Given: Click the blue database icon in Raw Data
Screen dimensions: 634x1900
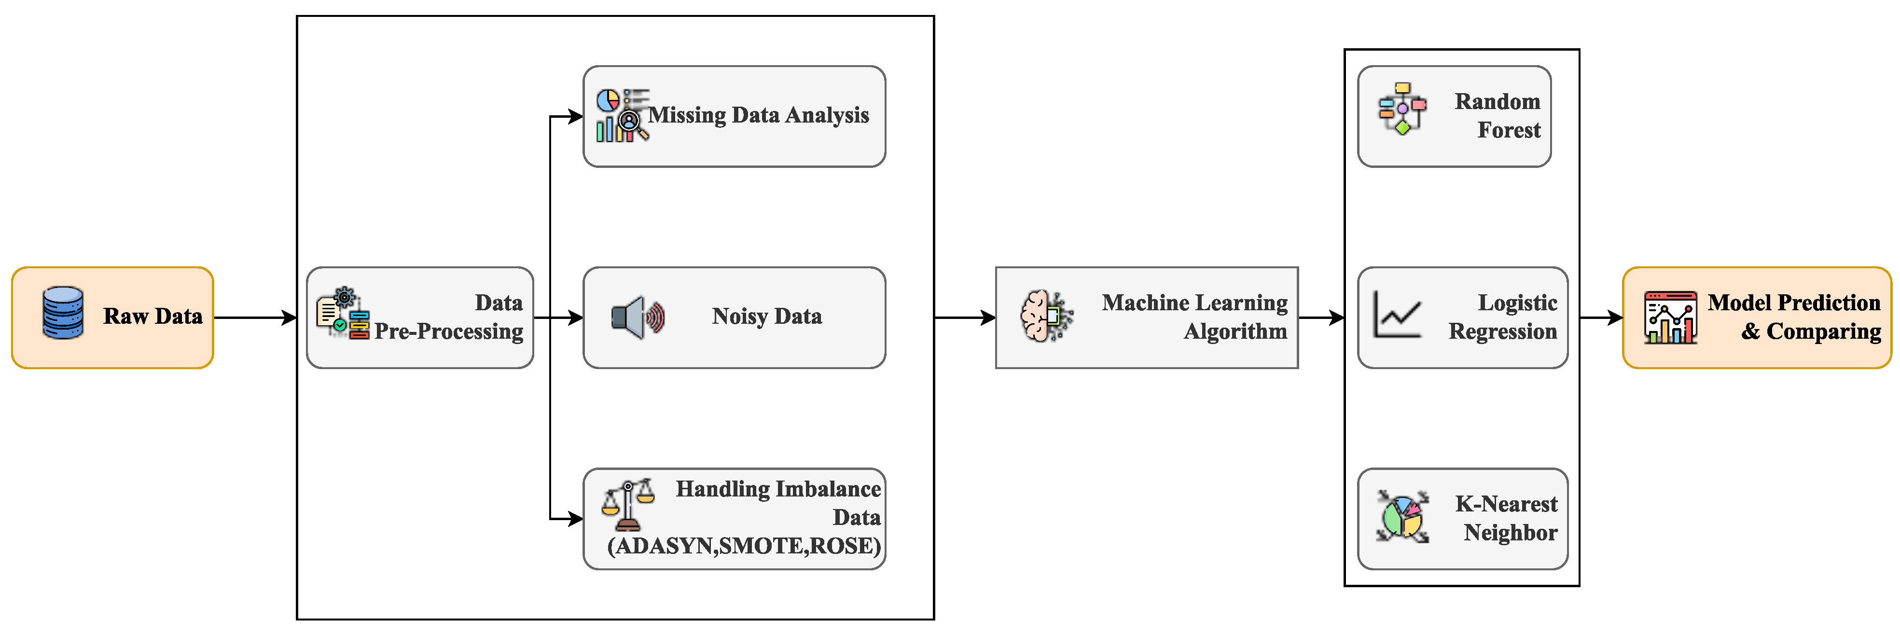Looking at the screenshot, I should pyautogui.click(x=63, y=313).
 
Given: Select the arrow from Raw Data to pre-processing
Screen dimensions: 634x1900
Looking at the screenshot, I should pyautogui.click(x=254, y=318).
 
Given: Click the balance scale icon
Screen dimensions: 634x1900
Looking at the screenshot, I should pyautogui.click(x=628, y=505).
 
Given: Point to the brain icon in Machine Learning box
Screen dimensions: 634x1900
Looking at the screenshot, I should pyautogui.click(x=1045, y=316).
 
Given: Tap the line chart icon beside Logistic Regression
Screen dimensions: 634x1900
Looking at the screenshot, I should pyautogui.click(x=1396, y=315).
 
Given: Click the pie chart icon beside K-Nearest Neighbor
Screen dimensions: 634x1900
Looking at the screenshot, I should pyautogui.click(x=1402, y=517).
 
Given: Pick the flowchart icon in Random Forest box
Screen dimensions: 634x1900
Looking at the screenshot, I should pyautogui.click(x=1401, y=109).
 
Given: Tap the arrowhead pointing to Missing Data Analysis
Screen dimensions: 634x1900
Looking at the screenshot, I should pyautogui.click(x=576, y=116).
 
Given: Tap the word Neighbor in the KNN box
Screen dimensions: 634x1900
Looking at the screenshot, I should pyautogui.click(x=1510, y=533).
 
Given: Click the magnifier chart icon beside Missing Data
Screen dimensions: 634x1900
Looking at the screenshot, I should pyautogui.click(x=621, y=116).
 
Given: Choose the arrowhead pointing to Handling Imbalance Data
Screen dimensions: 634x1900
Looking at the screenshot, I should pyautogui.click(x=576, y=519).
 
